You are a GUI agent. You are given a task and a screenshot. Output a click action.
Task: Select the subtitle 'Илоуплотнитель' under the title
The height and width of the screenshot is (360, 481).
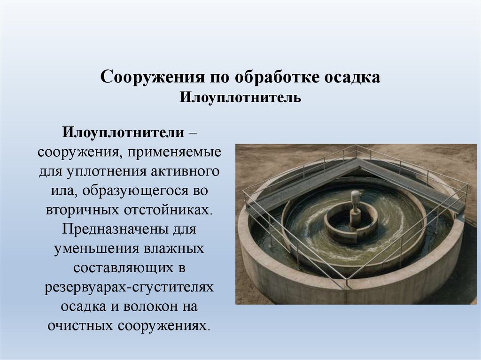tap(240, 98)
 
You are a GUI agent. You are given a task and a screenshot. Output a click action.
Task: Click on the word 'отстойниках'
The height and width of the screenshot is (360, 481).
tap(170, 210)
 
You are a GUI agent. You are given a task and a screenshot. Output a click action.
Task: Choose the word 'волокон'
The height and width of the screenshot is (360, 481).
tap(148, 306)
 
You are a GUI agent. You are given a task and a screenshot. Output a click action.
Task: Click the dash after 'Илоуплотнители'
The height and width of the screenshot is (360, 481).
tap(193, 133)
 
